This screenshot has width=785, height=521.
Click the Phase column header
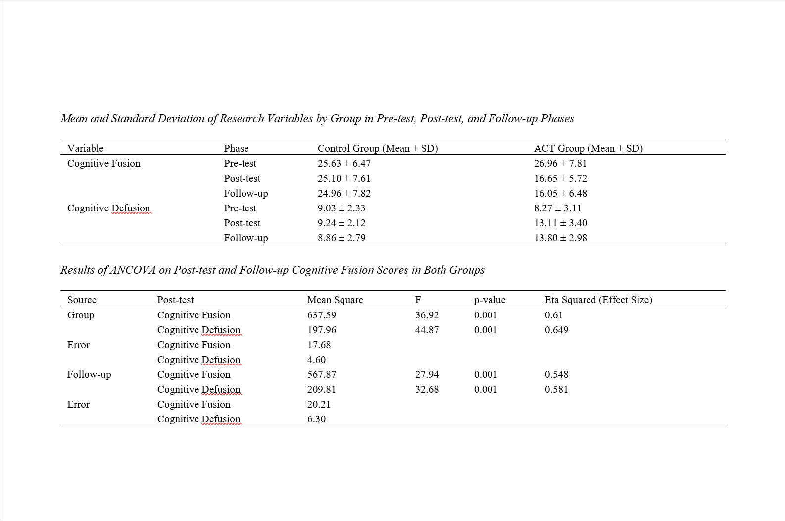[236, 148]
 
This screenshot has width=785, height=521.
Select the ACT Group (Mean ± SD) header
[588, 148]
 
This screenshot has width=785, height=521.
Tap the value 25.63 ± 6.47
[344, 163]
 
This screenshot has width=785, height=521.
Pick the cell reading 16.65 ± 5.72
[560, 178]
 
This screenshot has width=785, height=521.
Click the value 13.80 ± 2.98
[560, 238]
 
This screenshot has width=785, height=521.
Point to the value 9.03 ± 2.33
[342, 208]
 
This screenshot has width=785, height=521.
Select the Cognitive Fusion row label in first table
[103, 163]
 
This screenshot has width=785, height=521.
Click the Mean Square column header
[335, 300]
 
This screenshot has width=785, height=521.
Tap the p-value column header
[490, 300]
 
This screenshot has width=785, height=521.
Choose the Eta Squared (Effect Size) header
[598, 300]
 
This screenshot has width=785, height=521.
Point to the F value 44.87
[427, 330]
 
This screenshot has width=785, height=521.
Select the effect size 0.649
[556, 330]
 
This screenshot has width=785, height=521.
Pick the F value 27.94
[427, 374]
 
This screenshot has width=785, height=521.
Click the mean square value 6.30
[316, 419]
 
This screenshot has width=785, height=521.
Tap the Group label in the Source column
[80, 315]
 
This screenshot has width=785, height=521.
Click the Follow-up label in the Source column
[89, 374]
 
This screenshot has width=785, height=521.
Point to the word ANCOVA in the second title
[133, 270]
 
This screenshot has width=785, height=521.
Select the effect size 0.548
[556, 374]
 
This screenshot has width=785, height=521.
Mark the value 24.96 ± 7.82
[344, 193]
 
